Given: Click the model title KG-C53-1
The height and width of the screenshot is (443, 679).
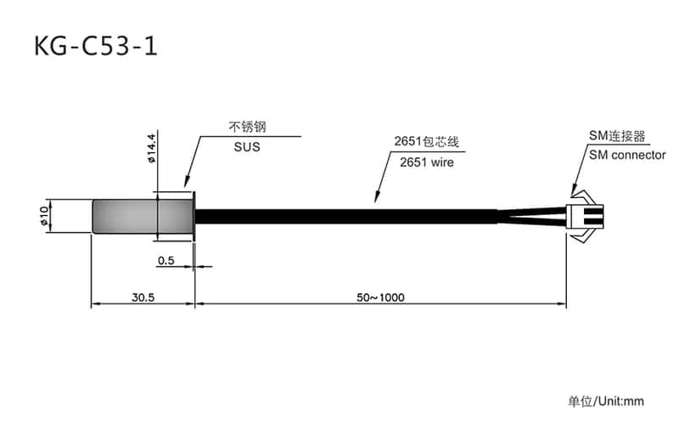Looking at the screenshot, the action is (95, 47).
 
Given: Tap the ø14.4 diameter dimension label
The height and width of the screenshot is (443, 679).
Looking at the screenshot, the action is (151, 148).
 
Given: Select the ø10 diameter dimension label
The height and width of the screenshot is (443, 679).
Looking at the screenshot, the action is (44, 216).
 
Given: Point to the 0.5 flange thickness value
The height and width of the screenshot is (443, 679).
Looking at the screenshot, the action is (166, 260).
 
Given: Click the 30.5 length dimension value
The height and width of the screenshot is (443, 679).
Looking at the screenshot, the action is (143, 298).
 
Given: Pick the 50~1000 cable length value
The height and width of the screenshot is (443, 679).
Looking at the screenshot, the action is (380, 298).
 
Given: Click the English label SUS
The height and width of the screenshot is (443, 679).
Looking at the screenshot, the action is (247, 146).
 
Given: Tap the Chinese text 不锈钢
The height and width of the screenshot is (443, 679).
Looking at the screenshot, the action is (247, 127).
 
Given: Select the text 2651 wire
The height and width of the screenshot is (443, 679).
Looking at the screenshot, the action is (427, 162).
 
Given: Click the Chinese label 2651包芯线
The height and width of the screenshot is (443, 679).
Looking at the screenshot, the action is (426, 141).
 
